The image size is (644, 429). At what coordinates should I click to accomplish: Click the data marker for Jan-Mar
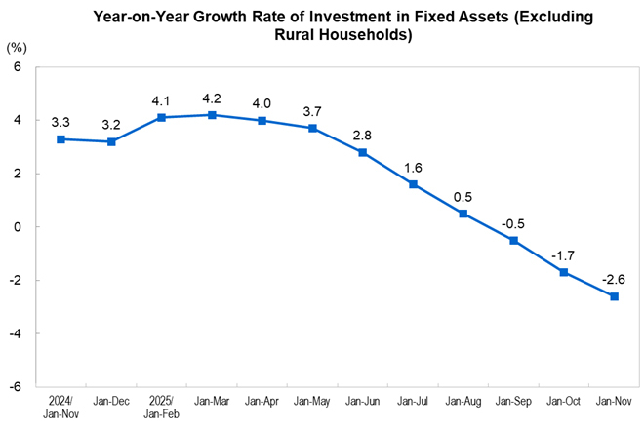point(212,115)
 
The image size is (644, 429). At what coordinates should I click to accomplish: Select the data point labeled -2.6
point(614,296)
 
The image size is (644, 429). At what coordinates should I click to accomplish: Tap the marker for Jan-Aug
point(463,214)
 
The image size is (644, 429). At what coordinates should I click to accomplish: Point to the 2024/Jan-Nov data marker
point(60,139)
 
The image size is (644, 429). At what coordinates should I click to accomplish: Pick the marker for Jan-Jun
point(362,152)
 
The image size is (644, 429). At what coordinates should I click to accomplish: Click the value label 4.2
point(212,97)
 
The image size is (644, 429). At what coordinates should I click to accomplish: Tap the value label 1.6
point(413,167)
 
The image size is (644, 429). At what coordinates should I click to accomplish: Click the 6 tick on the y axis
point(18,67)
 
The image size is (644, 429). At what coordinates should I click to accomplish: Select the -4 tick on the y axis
point(15,333)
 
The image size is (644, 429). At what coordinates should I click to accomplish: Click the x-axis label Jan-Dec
point(111,400)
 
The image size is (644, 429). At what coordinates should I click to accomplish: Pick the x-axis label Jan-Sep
point(513,400)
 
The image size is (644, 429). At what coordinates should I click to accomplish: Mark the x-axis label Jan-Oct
point(563,400)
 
